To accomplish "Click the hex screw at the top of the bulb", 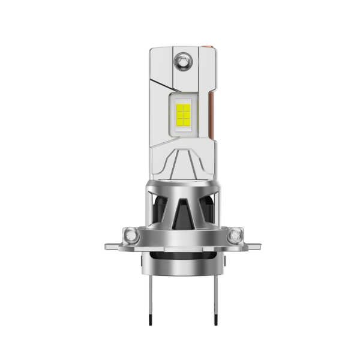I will point(181,61).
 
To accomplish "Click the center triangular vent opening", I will point(181,207).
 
